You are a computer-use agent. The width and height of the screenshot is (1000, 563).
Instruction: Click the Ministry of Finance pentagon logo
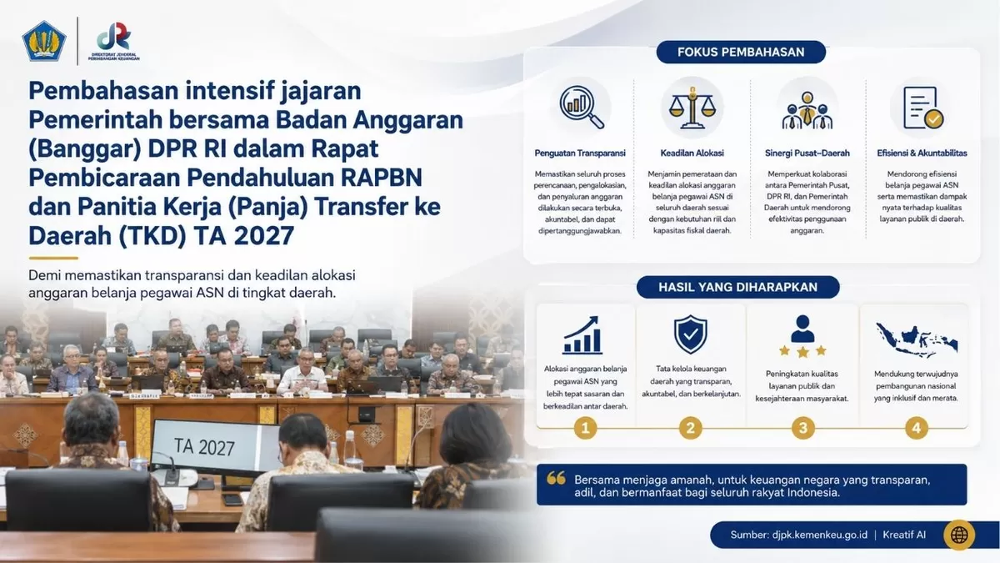(43, 41)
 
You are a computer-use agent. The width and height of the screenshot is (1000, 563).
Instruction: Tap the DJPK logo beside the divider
(114, 41)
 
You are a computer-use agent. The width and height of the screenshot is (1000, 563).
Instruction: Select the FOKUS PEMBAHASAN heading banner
(741, 53)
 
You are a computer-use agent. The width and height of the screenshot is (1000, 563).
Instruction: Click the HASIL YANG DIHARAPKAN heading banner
(737, 287)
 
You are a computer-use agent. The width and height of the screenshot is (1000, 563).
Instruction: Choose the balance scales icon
(692, 108)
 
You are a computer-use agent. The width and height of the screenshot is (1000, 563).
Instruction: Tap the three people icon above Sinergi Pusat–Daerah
(807, 110)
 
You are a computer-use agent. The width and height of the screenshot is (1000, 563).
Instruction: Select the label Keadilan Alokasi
(692, 153)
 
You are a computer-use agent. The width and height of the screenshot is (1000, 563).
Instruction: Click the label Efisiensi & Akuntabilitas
(922, 153)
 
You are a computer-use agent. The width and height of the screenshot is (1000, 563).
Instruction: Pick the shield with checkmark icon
(690, 334)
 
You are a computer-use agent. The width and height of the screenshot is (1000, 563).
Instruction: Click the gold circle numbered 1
(585, 428)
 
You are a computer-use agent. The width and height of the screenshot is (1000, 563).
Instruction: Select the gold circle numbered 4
(916, 428)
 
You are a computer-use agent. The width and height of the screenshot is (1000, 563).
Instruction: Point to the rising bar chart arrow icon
(582, 335)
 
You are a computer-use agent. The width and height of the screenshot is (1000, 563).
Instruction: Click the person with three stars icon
(802, 336)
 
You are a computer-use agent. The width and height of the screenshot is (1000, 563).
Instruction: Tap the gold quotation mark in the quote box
(556, 478)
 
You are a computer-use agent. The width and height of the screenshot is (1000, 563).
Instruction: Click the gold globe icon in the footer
(959, 535)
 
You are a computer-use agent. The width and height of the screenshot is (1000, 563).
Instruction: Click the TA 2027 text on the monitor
(204, 447)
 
